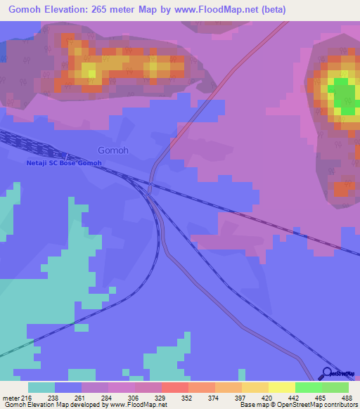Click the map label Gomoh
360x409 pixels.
(x=113, y=150)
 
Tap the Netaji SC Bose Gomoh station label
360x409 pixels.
(x=64, y=163)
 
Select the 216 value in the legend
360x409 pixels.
(x=27, y=397)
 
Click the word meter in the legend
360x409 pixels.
(x=11, y=397)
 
